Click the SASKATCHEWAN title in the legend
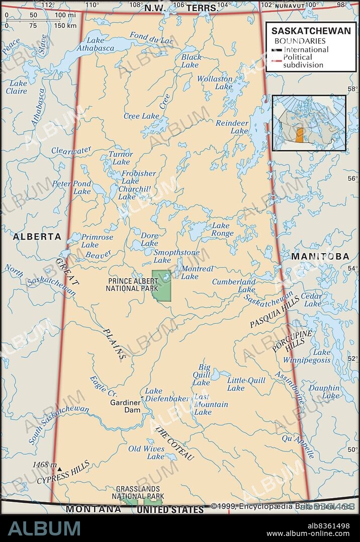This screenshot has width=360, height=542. pyautogui.click(x=311, y=31)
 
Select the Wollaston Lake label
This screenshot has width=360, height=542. pyautogui.click(x=215, y=83)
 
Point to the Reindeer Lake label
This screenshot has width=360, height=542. pyautogui.click(x=232, y=127)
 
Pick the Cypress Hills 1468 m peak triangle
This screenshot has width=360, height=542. pyautogui.click(x=59, y=469)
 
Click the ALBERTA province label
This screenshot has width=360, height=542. pyautogui.click(x=37, y=237)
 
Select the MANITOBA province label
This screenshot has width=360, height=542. pyautogui.click(x=320, y=257)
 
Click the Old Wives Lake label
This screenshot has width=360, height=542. pyautogui.click(x=146, y=452)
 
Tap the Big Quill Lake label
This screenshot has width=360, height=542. pyautogui.click(x=203, y=375)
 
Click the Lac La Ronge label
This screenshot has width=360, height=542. pyautogui.click(x=221, y=229)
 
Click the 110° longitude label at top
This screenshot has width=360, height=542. pyautogui.click(x=92, y=5)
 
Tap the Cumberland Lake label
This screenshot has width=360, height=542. pyautogui.click(x=234, y=286)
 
